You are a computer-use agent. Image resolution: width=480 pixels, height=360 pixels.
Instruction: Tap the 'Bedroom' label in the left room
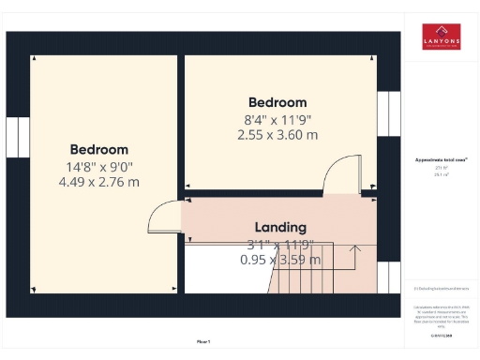[98, 149]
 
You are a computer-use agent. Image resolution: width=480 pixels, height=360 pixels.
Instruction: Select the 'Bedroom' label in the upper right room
[277, 102]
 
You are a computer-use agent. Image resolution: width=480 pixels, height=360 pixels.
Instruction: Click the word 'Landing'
[280, 227]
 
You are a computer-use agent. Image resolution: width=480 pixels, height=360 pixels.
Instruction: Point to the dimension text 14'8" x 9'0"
[98, 166]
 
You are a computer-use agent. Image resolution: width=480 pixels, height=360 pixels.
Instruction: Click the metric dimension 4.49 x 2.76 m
[98, 181]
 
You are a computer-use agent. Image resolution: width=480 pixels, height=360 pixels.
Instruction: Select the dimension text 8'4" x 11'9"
[277, 119]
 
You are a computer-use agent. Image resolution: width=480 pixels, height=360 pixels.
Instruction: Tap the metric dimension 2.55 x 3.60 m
[277, 134]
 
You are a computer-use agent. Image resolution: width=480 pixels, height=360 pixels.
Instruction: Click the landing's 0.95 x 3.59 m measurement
[280, 259]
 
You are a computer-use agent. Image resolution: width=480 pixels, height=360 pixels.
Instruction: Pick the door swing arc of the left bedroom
[161, 217]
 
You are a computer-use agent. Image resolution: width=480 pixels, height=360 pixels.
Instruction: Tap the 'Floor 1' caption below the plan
[203, 341]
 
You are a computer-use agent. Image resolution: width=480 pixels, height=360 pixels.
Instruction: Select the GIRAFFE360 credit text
[441, 335]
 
